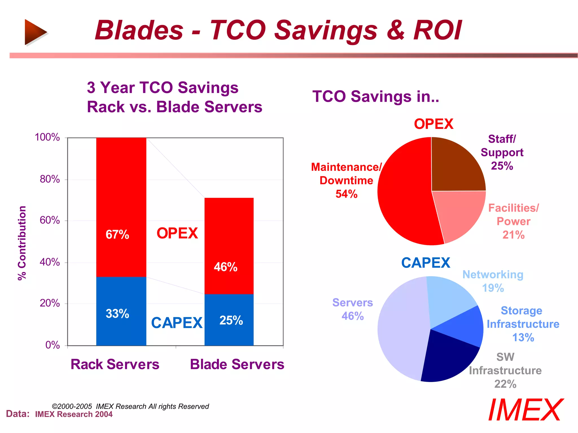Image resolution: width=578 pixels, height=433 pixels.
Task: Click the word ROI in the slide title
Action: (437, 30)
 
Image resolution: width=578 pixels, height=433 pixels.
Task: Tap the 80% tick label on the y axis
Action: (50, 179)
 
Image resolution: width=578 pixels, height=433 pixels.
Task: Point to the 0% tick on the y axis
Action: (52, 345)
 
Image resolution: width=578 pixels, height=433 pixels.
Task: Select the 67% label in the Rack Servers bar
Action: (117, 235)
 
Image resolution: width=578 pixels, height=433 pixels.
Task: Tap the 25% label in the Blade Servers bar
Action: (231, 321)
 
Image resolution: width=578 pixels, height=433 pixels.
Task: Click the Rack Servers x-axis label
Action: (115, 364)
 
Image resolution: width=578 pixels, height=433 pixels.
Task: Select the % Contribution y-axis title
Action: (22, 243)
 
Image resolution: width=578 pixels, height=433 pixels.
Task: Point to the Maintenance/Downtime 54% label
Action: (346, 180)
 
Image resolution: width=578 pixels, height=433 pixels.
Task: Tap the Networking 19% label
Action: (493, 281)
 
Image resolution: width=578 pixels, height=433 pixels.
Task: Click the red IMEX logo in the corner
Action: (526, 410)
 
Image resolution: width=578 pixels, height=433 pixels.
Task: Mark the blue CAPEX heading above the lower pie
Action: (425, 263)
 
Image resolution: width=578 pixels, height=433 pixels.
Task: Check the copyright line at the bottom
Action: (130, 406)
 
